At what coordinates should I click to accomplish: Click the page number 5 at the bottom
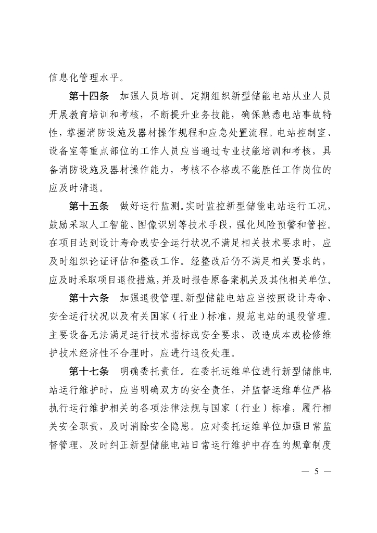(x=315, y=472)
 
